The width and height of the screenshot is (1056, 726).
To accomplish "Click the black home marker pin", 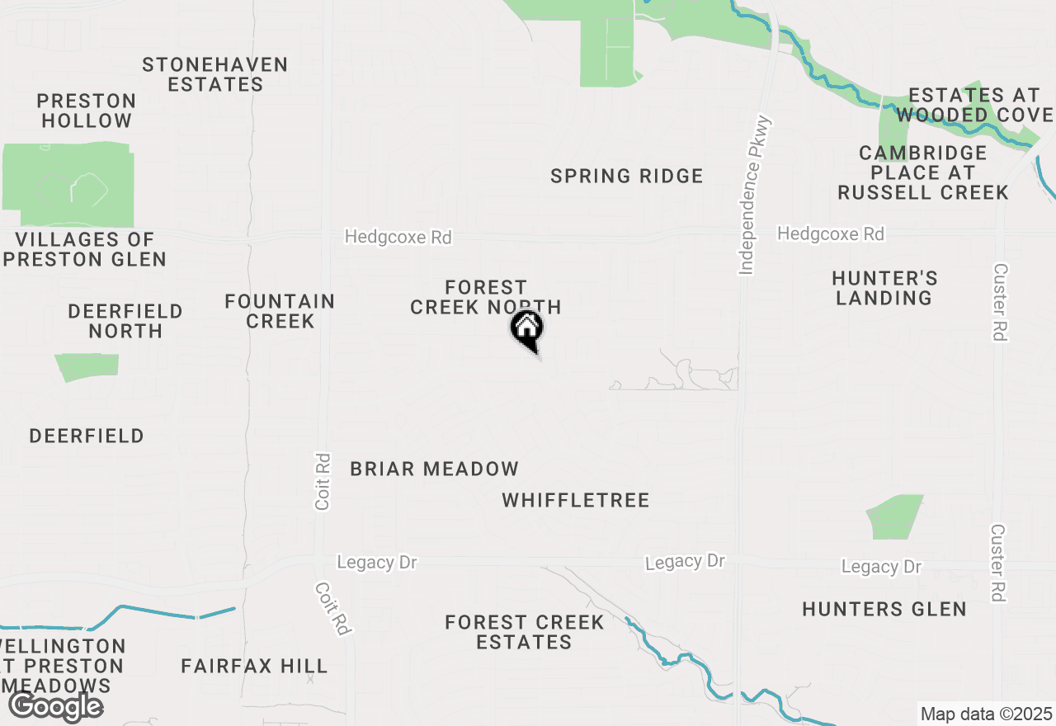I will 526,330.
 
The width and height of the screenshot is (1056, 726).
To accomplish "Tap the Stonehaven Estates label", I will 214,74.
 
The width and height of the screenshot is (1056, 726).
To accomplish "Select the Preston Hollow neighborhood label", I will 87,111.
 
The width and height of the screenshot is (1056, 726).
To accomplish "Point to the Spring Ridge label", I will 626,176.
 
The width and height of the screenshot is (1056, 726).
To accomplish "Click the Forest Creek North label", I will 485,297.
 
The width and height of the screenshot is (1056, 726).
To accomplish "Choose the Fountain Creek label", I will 280,311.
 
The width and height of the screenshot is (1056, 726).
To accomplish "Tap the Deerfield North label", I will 125,321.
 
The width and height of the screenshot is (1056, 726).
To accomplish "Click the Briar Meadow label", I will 434,469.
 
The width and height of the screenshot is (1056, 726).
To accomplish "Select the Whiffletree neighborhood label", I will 575,500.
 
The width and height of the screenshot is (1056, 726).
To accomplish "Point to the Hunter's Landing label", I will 884,288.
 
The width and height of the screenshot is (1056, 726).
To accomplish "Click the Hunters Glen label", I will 884,609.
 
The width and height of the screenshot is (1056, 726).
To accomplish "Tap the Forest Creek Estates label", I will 524,632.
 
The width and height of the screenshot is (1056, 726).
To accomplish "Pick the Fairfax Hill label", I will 254,665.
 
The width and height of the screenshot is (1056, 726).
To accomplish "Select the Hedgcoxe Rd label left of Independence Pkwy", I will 398,237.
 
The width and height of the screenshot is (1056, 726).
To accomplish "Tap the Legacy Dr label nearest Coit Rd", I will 377,563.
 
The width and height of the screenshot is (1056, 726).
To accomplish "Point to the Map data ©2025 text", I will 986,714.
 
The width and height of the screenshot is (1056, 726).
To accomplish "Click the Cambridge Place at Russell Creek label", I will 922,172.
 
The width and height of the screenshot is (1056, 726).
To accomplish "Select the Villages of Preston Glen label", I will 86,249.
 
